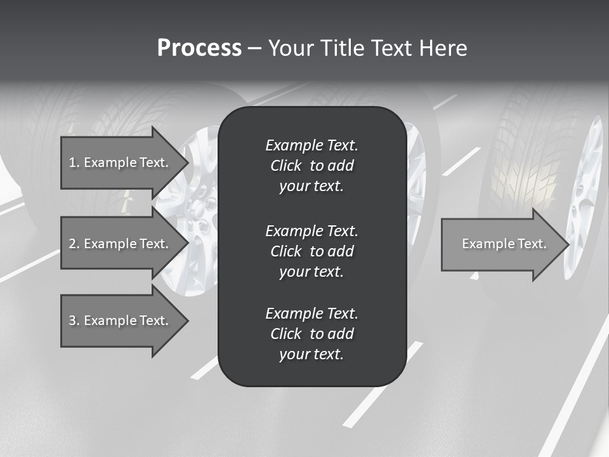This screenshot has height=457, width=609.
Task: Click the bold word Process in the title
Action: pyautogui.click(x=199, y=48)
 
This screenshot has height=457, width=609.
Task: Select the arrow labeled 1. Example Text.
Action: pyautogui.click(x=121, y=162)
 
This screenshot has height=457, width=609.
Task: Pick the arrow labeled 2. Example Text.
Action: pyautogui.click(x=121, y=244)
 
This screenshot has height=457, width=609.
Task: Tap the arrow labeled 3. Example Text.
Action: pyautogui.click(x=121, y=321)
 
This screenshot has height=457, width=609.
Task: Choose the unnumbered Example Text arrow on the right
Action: pyautogui.click(x=501, y=244)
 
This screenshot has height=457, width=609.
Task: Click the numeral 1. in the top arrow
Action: pyautogui.click(x=74, y=162)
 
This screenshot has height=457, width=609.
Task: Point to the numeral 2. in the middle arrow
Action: pyautogui.click(x=74, y=244)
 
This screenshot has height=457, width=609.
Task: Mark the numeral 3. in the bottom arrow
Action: pyautogui.click(x=74, y=321)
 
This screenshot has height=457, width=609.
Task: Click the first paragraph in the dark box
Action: pyautogui.click(x=311, y=166)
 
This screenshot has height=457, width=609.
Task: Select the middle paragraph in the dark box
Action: pyautogui.click(x=311, y=251)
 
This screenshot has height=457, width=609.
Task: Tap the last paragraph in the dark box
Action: pyautogui.click(x=311, y=334)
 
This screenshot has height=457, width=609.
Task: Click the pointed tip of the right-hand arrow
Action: pyautogui.click(x=568, y=244)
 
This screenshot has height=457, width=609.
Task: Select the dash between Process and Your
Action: pyautogui.click(x=254, y=48)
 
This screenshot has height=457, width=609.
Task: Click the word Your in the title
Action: pyautogui.click(x=291, y=48)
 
